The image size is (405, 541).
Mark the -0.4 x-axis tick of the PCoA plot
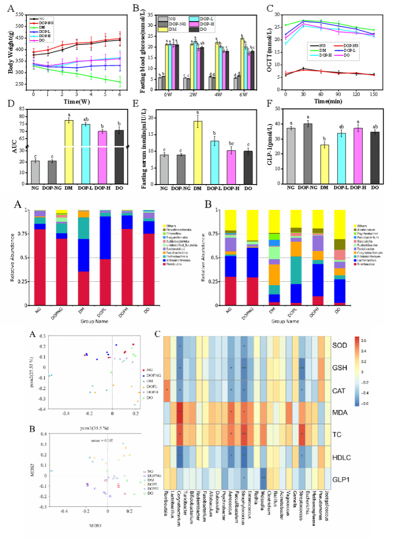coord(66,414)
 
